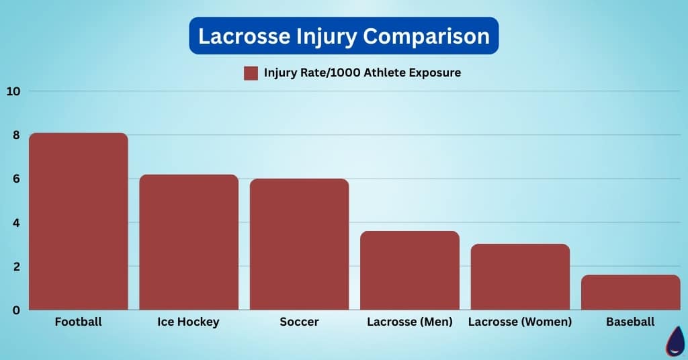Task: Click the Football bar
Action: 78,222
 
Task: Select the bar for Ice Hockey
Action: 189,242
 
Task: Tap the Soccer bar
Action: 299,244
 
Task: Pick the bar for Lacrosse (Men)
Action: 410,271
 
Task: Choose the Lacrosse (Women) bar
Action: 520,277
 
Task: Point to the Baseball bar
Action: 630,292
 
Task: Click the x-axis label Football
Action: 78,322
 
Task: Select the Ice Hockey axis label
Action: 188,322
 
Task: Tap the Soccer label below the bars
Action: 299,322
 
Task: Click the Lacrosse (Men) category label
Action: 410,322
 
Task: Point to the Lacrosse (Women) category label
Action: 520,322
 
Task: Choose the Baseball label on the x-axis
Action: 630,322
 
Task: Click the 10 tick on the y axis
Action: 13,91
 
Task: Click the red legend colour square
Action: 251,73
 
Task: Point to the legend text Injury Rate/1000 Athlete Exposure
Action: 362,73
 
